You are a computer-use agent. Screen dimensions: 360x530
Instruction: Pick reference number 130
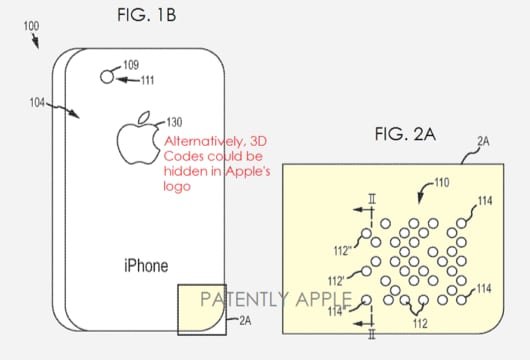click(x=159, y=115)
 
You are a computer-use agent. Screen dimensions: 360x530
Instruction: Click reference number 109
click(x=132, y=66)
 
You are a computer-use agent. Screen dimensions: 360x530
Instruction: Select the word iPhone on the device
click(x=145, y=265)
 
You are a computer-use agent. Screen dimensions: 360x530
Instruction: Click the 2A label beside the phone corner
click(x=245, y=322)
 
